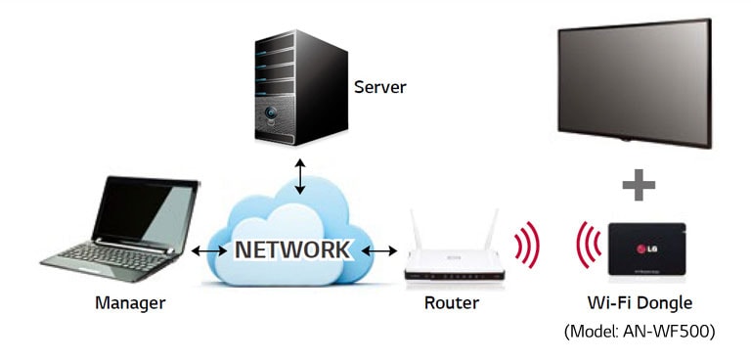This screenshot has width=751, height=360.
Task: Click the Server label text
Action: pos(379,87)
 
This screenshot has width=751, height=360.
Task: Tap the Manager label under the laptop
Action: pos(130,302)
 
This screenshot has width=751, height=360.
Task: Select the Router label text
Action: pos(452,302)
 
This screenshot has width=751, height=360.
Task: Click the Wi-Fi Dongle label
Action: pos(640,302)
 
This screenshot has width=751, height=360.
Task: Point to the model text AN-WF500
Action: pos(640,332)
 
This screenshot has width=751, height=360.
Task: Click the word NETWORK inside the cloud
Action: pos(291,249)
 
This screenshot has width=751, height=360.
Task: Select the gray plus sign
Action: pos(639,184)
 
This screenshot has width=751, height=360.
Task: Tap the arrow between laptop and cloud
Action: pos(208,251)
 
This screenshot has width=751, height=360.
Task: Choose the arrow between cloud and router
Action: pos(379,251)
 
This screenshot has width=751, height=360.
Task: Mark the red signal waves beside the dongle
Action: pos(587,249)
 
